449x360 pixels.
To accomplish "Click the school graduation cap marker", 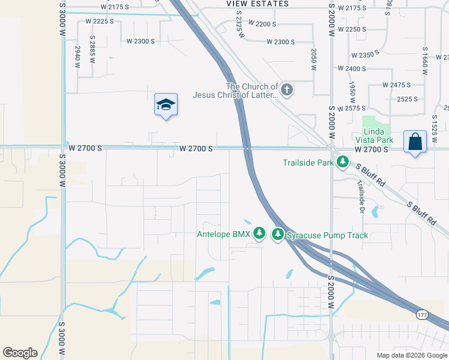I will pos(166,105).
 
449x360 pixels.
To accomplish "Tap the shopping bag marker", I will pos(415,142).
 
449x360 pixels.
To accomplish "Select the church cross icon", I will pos(287,91).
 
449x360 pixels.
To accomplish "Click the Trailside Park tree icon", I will pos(343,161).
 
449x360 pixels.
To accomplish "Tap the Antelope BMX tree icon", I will pos(259,233).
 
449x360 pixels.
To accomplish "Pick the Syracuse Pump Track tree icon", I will pos(278,234).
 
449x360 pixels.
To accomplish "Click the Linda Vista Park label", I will pos(378,136).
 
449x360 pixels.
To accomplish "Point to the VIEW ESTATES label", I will pos(258,4).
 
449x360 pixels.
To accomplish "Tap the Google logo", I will pos(20,353).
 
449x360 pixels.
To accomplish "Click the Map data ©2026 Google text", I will pos(411,355).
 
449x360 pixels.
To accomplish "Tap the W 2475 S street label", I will pos(392,85).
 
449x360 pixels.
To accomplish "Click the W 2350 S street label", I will pos(373,55).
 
